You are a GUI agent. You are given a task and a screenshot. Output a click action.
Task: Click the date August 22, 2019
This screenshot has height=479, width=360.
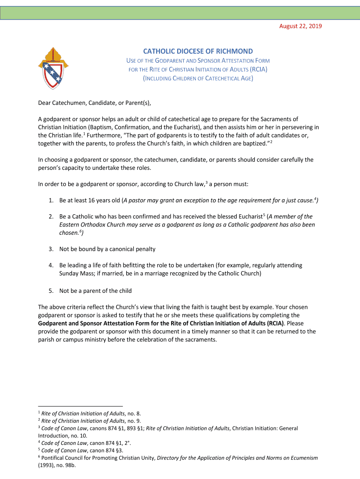tap(300, 26)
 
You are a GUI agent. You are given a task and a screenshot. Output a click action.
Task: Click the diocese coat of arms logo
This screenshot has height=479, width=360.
tap(53, 68)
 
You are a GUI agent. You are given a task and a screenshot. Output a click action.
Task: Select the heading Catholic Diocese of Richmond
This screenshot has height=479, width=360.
tap(198, 51)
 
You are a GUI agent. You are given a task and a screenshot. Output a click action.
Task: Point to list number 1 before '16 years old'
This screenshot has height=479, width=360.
tap(50, 201)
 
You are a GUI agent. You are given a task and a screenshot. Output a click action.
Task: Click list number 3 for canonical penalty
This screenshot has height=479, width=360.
tap(50, 249)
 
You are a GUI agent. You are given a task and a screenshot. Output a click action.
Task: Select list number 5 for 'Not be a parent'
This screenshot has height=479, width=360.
tap(50, 291)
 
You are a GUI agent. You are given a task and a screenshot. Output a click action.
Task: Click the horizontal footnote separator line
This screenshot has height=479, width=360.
tap(80, 406)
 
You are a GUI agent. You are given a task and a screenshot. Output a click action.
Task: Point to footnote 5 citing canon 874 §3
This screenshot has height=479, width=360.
tap(79, 450)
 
